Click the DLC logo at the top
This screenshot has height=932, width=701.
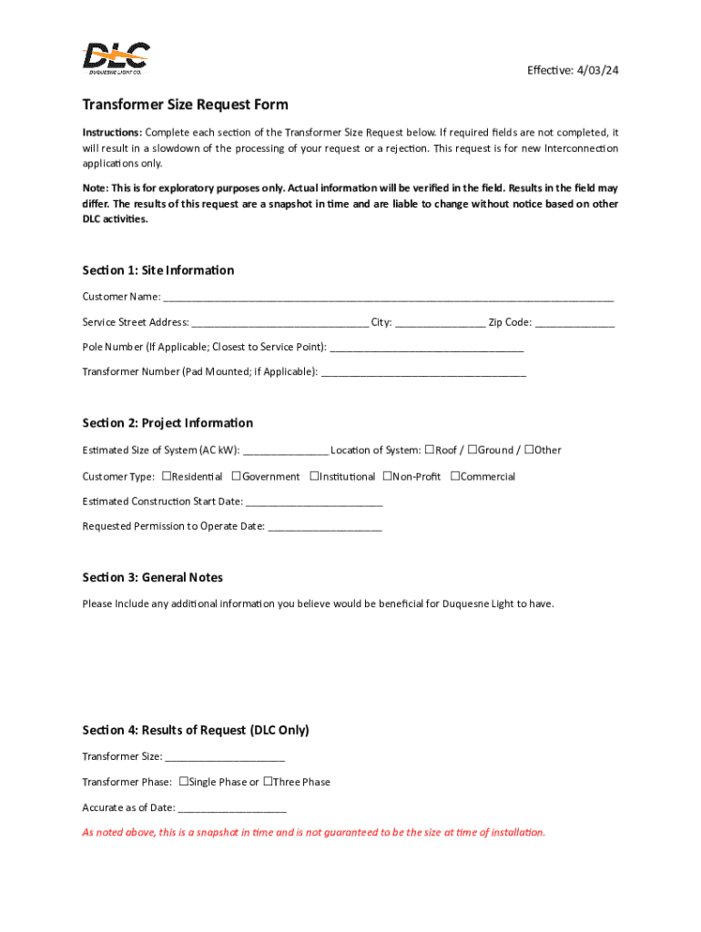[x=117, y=59]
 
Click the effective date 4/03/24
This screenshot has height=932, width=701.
[x=595, y=71]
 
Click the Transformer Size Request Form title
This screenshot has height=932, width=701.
[x=185, y=105]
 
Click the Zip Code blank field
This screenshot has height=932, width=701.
[x=574, y=322]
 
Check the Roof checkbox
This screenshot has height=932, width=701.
[x=430, y=450]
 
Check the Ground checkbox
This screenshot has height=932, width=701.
[x=472, y=450]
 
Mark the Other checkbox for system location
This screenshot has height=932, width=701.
[x=530, y=450]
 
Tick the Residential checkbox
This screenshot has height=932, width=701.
[x=167, y=475]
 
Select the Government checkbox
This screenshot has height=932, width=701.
[x=236, y=475]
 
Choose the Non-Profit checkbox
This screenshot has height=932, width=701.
[x=387, y=475]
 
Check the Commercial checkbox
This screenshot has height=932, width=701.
[x=456, y=475]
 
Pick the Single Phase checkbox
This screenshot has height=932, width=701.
[x=184, y=781]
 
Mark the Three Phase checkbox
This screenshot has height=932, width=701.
[x=269, y=781]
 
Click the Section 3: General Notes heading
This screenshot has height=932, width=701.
[x=152, y=578]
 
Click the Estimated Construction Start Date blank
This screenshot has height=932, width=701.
[x=314, y=501]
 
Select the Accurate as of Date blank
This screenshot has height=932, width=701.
[x=232, y=807]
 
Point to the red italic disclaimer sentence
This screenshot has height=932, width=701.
[x=313, y=832]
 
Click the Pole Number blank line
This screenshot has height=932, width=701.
[x=426, y=348]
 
